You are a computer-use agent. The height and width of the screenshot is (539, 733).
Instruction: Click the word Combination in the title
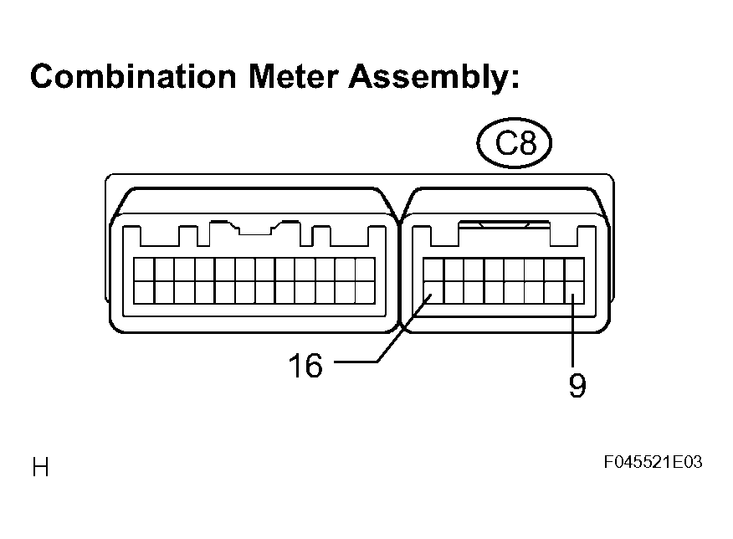point(133,75)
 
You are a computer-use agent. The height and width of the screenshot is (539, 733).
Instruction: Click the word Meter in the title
point(293,75)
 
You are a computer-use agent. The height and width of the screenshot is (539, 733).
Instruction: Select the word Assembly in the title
point(429,78)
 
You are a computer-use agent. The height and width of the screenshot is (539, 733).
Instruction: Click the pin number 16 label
point(305,365)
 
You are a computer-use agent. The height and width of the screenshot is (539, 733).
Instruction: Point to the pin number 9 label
point(577,386)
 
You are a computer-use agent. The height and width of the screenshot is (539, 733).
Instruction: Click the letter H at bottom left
point(40,467)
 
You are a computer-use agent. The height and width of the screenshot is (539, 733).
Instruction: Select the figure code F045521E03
point(653,462)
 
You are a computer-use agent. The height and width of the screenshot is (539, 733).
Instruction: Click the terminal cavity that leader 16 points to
point(433,293)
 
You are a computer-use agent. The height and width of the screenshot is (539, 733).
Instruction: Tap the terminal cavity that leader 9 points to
point(575,293)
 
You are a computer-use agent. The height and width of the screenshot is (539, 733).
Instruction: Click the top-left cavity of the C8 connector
point(433,269)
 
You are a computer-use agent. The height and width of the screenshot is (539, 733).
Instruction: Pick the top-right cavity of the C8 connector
point(575,269)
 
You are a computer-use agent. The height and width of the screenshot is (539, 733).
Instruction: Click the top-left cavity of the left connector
point(144,269)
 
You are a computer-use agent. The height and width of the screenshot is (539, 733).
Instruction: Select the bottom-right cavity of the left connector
point(365,293)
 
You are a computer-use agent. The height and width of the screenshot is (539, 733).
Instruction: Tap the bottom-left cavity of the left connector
point(144,293)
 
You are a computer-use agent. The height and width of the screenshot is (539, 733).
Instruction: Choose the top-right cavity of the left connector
point(365,269)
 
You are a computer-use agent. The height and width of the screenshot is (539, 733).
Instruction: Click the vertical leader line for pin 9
point(572,330)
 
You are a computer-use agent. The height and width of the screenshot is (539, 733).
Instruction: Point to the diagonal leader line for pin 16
point(404,328)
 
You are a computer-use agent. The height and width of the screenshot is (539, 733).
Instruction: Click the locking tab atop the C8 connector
point(505,225)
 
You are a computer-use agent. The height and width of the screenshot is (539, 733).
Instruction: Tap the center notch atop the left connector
point(254,229)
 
